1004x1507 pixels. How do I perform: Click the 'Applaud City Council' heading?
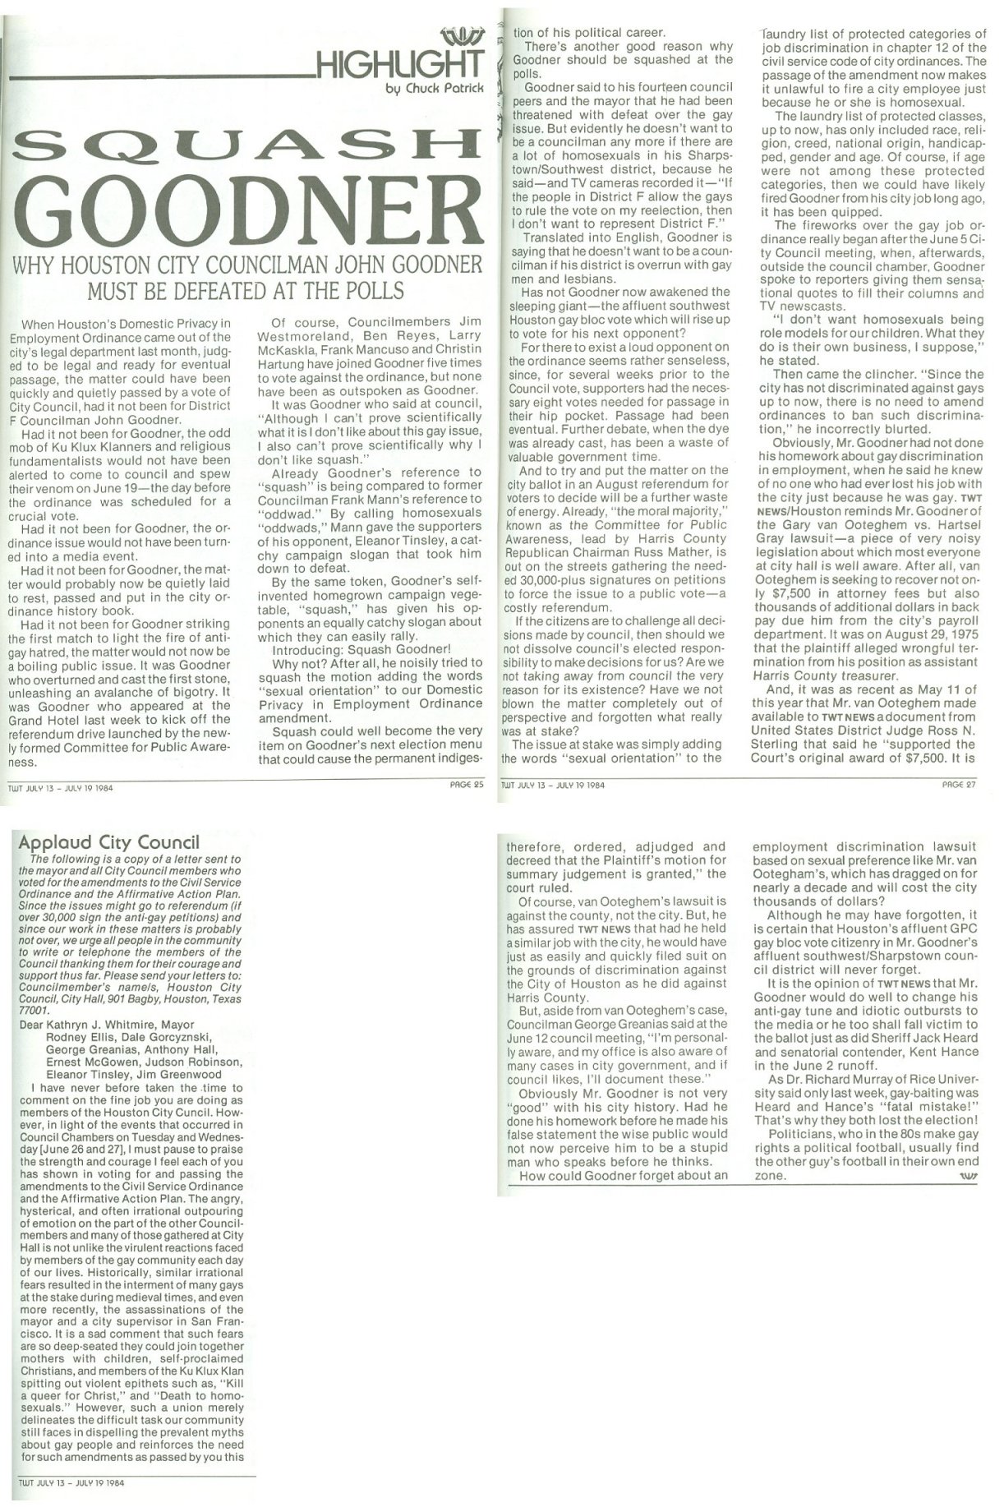pos(108,842)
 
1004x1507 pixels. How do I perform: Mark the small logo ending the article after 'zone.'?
pos(966,1176)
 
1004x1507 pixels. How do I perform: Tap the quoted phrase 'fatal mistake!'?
pos(937,1107)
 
